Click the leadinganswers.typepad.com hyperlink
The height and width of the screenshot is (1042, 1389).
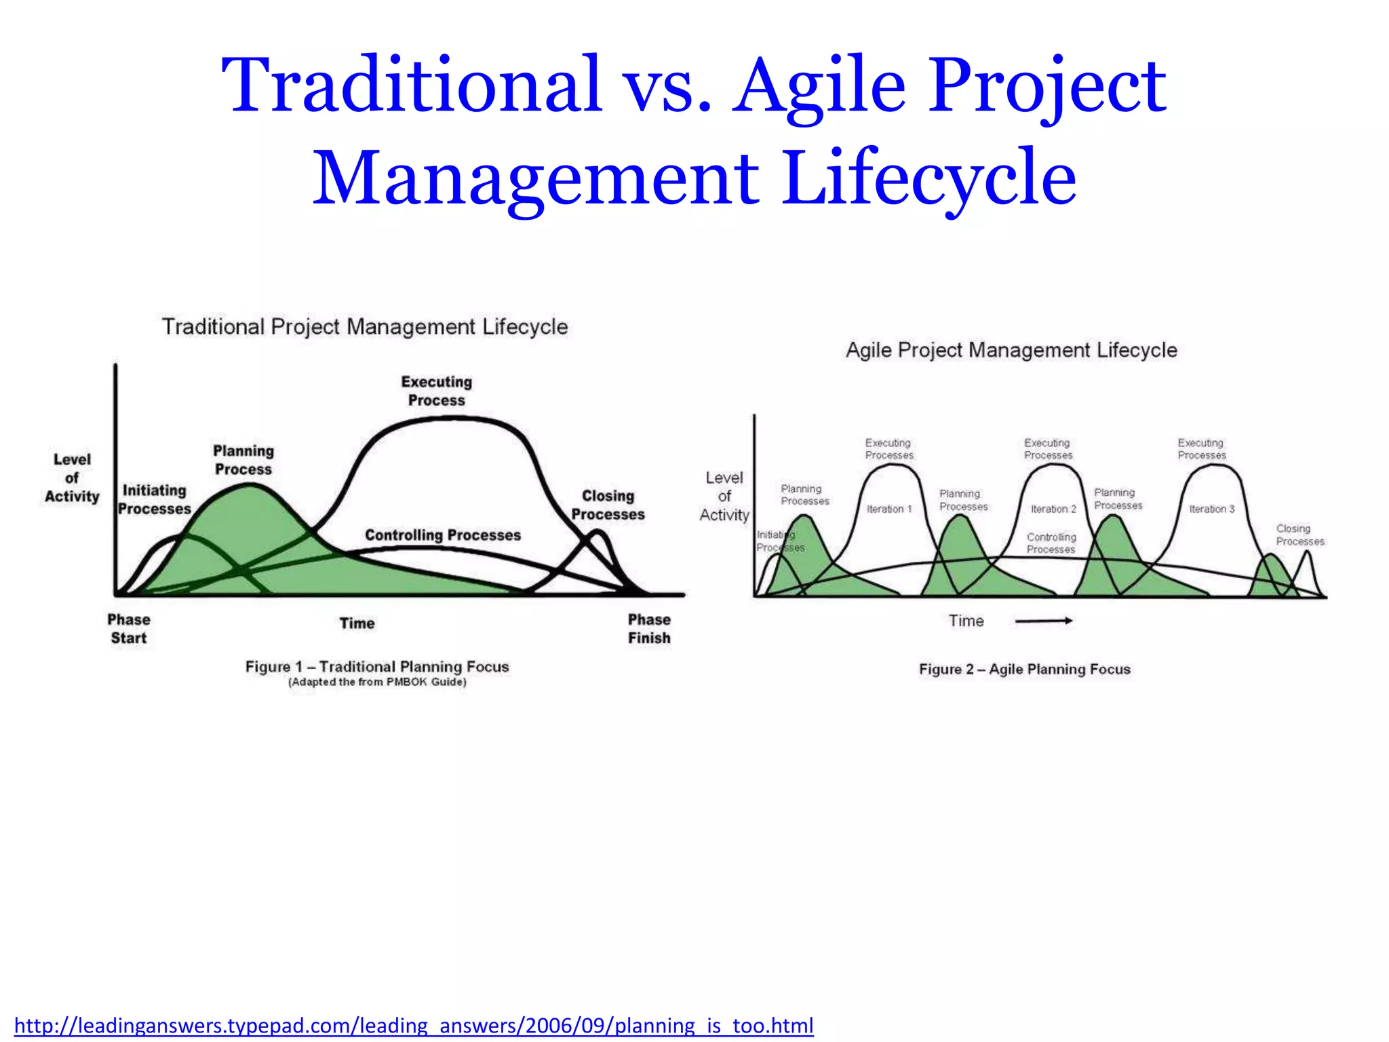(414, 1025)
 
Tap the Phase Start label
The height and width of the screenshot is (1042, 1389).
(129, 629)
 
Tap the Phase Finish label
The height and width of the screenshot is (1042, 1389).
(649, 629)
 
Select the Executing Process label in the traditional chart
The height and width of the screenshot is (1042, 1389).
(436, 391)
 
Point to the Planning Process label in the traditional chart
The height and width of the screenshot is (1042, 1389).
(243, 460)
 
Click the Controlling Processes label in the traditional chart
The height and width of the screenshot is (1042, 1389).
(443, 535)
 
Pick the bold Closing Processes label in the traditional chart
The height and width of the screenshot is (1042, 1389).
(608, 505)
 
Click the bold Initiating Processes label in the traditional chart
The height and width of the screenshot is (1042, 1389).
(155, 500)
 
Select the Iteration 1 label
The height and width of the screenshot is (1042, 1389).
(889, 509)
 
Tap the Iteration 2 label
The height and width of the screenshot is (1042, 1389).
(1053, 509)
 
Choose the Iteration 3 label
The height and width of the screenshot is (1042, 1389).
(1212, 509)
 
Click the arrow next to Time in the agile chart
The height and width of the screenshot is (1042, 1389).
(1044, 621)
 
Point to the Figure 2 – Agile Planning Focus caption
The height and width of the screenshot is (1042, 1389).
(1025, 670)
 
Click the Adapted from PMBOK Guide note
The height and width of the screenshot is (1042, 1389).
(377, 682)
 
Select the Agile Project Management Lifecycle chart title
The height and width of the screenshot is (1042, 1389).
(1011, 351)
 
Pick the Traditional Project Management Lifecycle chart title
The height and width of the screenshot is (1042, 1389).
(365, 327)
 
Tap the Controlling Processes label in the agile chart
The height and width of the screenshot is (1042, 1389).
(1051, 543)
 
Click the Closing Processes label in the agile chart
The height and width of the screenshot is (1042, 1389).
(1299, 535)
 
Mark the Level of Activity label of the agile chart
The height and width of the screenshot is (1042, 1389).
(724, 497)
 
